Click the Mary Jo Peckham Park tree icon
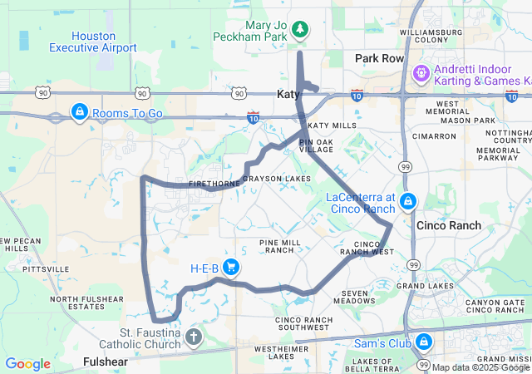pos(299,31)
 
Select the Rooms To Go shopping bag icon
pos(79,111)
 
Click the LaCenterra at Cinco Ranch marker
pos(407,201)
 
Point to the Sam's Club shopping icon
pos(423,341)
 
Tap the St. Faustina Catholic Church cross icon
pos(193,337)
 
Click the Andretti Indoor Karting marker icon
pos(421,74)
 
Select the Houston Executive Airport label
pos(105,42)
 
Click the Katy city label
pos(288,95)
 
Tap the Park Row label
pos(379,59)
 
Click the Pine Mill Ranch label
pos(277,246)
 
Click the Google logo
pos(28,364)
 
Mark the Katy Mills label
pos(332,125)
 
